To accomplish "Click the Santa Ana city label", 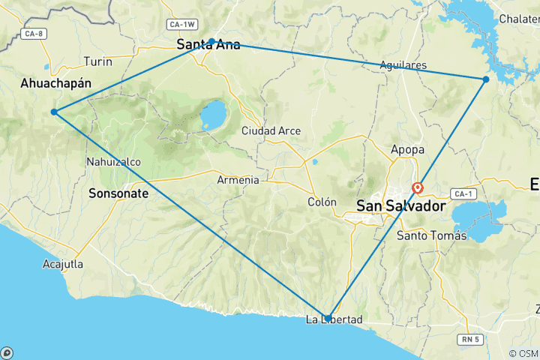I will tap(208, 45).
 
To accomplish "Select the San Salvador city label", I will tap(400, 205).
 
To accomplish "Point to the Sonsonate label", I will tap(118, 193).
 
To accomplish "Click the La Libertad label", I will tap(334, 320).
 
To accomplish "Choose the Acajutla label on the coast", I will tap(63, 264).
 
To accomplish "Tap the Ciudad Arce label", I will tap(271, 131).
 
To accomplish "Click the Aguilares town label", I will tap(403, 65).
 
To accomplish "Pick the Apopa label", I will tap(407, 149).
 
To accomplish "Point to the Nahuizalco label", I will tap(113, 161).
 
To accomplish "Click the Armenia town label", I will tap(238, 180).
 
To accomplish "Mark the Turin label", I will tap(98, 61).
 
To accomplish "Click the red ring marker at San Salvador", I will tap(417, 188).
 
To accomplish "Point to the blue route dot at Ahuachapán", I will tap(54, 112).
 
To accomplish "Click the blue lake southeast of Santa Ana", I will tap(214, 115).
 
